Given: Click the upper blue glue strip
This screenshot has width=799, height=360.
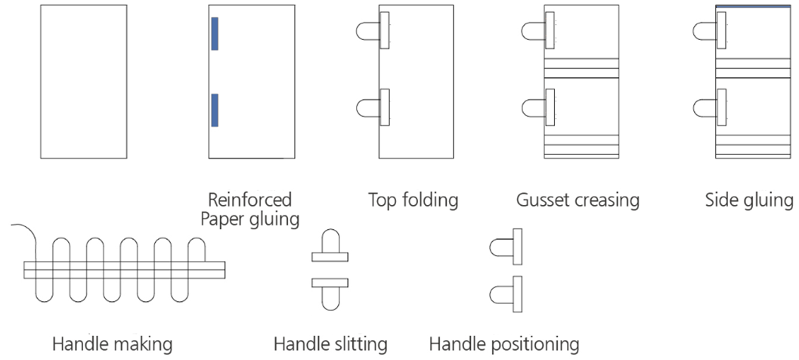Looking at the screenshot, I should tap(215, 33).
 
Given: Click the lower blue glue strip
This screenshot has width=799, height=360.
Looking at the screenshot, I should tap(215, 110).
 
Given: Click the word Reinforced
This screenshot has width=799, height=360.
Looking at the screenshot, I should tap(250, 200).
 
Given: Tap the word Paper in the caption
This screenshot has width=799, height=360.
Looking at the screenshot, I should tap(224, 219).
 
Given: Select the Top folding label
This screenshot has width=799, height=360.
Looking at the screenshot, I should tap(413, 200).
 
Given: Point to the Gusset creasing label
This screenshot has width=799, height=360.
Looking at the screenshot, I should tap(578, 200).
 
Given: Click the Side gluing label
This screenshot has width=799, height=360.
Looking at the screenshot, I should tap(748, 200).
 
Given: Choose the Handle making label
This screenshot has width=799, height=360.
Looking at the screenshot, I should tap(112, 344).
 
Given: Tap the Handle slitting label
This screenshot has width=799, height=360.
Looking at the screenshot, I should tap(330, 344).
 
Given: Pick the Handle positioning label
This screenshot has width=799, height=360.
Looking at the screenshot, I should tap(504, 344).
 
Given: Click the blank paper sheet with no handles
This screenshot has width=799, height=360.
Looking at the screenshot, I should tap(83, 82).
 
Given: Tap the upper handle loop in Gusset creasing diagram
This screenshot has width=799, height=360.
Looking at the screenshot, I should tap(532, 30).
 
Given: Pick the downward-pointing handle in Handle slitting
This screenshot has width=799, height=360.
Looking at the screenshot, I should tap(331, 297).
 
